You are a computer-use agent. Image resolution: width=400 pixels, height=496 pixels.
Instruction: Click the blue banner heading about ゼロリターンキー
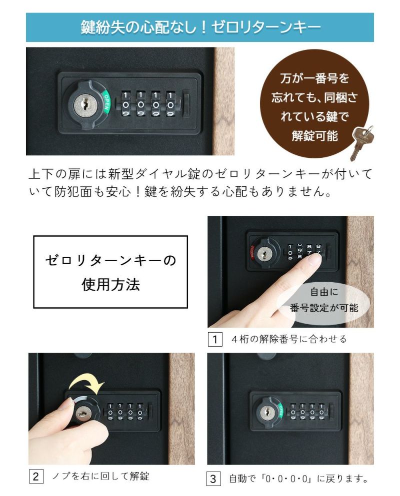[200, 27]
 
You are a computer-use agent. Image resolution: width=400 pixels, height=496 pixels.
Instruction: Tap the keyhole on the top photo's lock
[83, 104]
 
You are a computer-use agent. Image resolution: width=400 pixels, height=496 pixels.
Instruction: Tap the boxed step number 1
[214, 339]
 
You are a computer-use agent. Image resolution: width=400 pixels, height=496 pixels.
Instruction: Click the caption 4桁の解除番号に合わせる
[289, 339]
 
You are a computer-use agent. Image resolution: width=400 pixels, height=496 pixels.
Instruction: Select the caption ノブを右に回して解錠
[100, 476]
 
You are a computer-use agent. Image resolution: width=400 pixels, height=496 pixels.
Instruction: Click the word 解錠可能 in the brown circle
[314, 135]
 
